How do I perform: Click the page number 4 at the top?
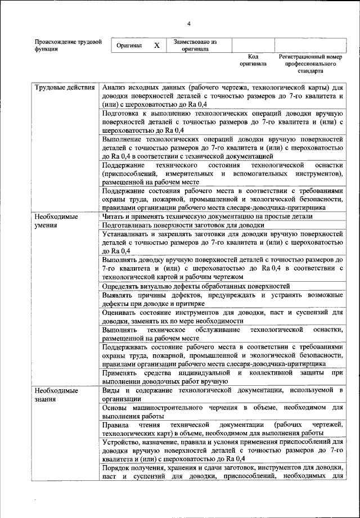(x=189, y=23)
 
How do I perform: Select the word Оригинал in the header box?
(x=129, y=46)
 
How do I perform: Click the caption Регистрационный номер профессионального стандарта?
(x=310, y=64)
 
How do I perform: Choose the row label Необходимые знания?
(x=56, y=394)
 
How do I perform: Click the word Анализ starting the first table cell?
(x=116, y=88)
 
